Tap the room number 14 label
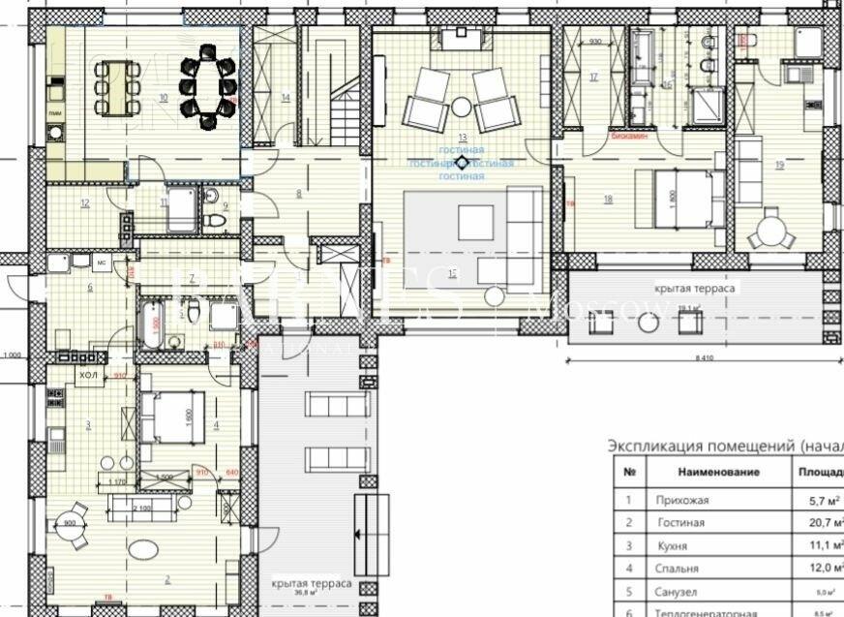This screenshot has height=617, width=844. coord(286,97)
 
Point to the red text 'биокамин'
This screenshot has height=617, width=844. coord(629,138)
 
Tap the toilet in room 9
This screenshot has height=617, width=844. coord(215,220)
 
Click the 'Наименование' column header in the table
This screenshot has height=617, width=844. coord(718,472)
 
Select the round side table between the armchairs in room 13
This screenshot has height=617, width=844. coord(462,105)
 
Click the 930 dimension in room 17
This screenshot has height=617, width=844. coord(596,42)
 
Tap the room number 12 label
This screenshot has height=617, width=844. coord(85,202)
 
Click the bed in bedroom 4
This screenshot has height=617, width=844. coord(170,416)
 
